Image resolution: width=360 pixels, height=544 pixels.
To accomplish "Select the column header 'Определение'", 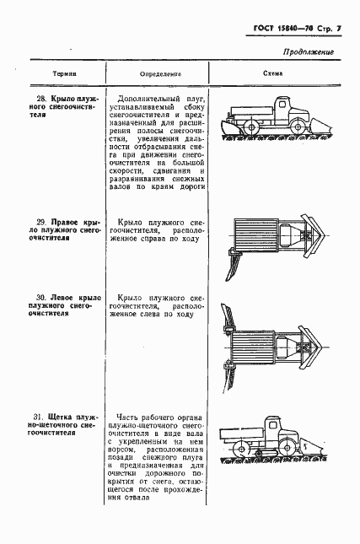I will [x=161, y=73].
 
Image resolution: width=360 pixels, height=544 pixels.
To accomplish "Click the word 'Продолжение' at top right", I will [x=309, y=52].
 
